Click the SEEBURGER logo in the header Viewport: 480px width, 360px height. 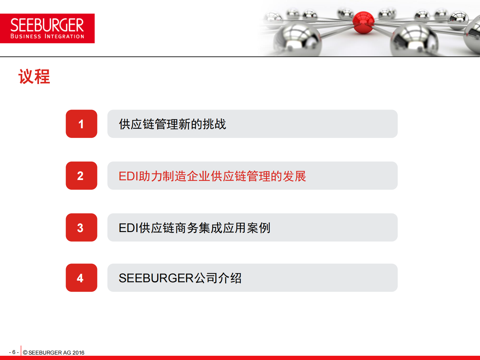point(47,28)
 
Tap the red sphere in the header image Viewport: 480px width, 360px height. point(363,22)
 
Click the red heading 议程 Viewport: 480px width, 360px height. point(34,77)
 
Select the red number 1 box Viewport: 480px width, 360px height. point(81,124)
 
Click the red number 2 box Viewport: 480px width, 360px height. point(81,176)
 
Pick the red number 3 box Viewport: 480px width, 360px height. point(81,227)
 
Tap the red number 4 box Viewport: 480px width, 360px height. point(81,278)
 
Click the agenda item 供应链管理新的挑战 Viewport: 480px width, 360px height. point(172,124)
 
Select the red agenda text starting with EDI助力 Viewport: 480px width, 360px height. point(212,176)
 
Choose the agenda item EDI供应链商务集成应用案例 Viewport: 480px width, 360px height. point(194,228)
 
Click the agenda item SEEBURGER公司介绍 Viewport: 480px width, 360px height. point(180,278)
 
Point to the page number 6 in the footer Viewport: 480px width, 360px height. point(14,352)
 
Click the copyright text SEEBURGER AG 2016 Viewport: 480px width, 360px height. point(54,352)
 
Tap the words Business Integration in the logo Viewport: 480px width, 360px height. point(47,36)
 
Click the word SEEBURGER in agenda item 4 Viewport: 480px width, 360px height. point(156,278)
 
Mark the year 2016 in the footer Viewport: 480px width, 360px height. point(78,352)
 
